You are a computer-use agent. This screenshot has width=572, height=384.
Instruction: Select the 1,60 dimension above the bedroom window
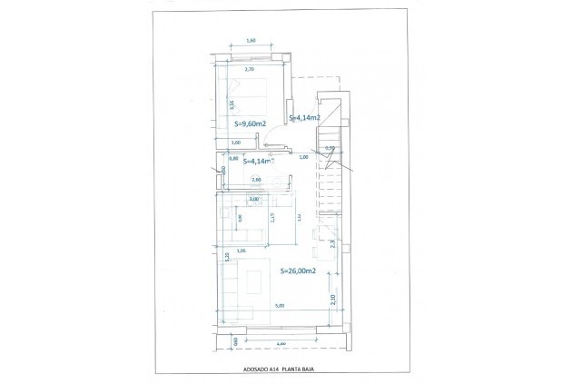[251, 40]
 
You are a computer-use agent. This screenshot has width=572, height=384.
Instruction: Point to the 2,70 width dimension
[251, 69]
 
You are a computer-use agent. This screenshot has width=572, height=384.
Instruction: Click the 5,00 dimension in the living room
[281, 305]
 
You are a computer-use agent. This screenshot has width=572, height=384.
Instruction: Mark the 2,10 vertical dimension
[332, 300]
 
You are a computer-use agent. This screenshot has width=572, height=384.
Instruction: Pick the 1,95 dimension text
[242, 251]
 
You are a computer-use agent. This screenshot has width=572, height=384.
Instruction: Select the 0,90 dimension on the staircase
[330, 148]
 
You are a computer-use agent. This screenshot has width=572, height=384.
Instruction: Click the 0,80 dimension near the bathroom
[233, 159]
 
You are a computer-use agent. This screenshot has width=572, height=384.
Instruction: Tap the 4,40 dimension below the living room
[281, 343]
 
